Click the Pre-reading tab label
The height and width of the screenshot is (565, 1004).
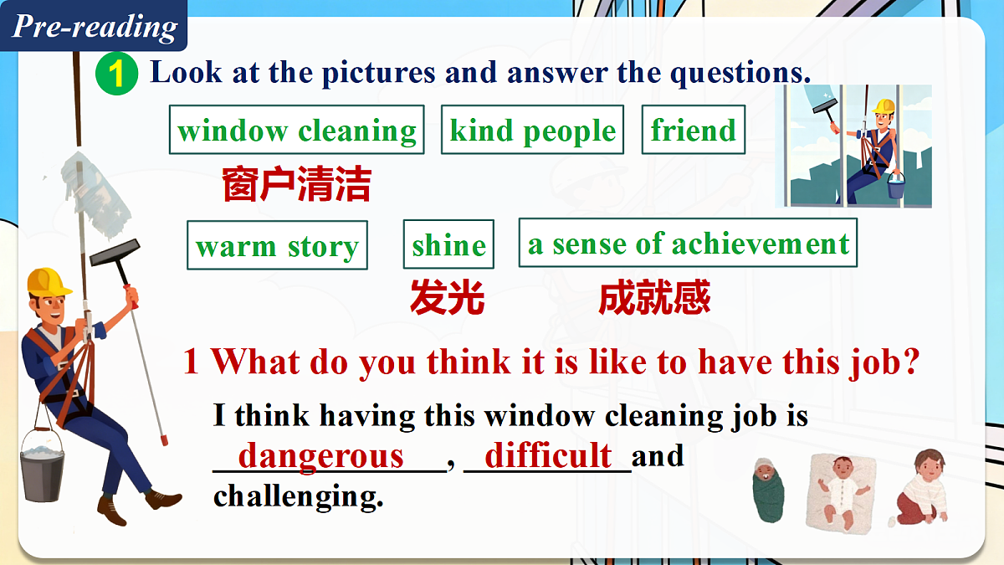point(95,26)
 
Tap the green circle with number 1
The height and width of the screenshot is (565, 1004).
point(116,74)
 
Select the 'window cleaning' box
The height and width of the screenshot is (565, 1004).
point(296,130)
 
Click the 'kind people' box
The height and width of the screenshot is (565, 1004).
point(532,130)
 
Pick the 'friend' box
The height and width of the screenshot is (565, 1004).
point(693,130)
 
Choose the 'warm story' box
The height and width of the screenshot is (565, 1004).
point(277,245)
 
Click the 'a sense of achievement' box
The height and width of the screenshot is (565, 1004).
point(688,243)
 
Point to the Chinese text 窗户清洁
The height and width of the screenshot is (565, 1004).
point(296,184)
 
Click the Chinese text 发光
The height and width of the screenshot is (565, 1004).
point(448,297)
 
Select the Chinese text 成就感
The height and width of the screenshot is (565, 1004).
point(654,297)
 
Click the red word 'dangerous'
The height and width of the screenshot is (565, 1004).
point(321,456)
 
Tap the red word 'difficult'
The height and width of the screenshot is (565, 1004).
point(548,456)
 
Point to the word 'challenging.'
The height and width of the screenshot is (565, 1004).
point(299,496)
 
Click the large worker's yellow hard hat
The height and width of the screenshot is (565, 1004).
point(49,281)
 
